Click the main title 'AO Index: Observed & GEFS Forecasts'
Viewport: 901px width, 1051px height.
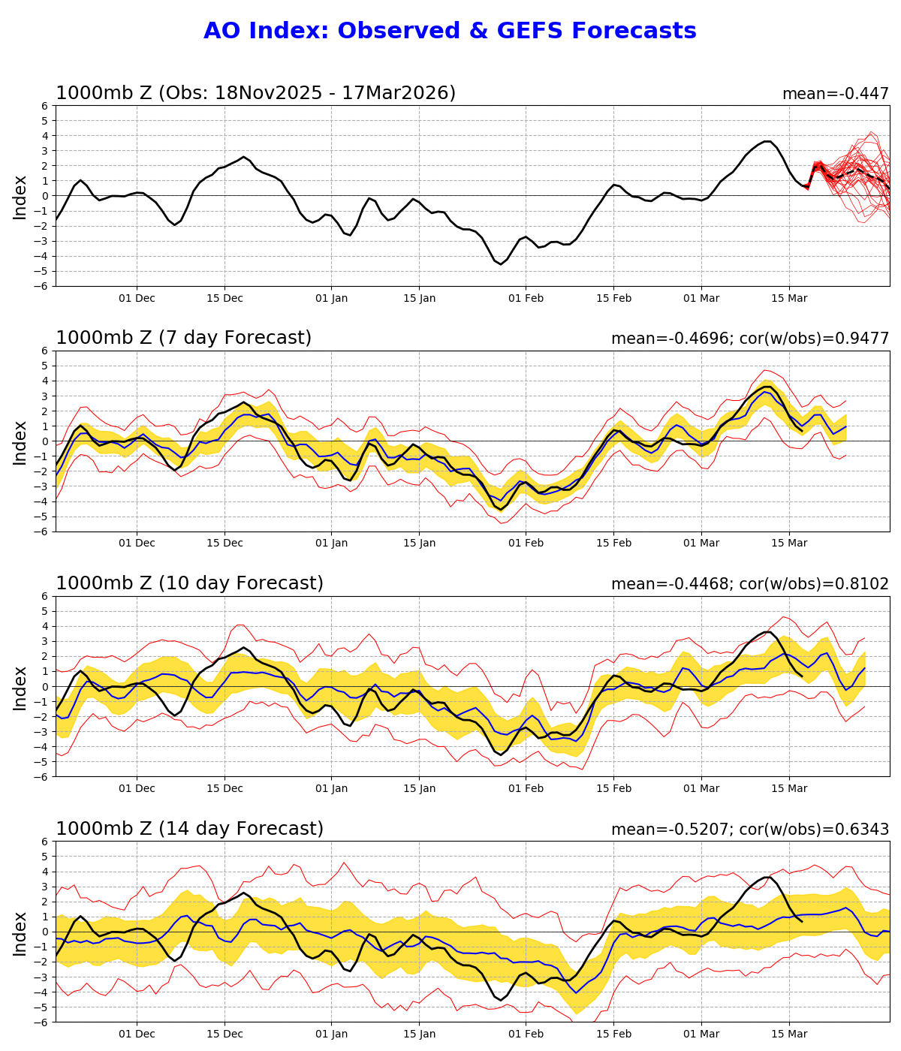(x=450, y=32)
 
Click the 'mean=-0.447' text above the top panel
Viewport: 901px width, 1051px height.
(x=835, y=94)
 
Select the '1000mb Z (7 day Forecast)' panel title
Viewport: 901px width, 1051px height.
(x=183, y=338)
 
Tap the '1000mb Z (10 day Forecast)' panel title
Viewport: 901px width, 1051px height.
(x=189, y=583)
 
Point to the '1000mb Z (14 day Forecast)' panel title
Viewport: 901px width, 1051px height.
(x=189, y=829)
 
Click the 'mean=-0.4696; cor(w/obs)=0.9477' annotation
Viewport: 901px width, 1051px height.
(x=749, y=339)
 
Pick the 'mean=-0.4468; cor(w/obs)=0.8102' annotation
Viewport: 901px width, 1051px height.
(x=749, y=584)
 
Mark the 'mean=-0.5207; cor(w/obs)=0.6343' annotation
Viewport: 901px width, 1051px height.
(x=749, y=830)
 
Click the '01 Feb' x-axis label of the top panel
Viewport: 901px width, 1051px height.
(x=525, y=298)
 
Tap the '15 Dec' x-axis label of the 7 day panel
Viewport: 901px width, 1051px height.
(x=224, y=544)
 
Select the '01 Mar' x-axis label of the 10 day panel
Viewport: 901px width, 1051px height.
(x=701, y=789)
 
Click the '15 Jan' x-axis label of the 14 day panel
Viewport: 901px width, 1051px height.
(x=419, y=1034)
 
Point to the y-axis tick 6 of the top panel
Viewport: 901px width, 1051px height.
(x=45, y=106)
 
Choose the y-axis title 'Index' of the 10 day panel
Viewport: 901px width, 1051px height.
(x=20, y=687)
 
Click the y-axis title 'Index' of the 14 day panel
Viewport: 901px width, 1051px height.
(x=20, y=932)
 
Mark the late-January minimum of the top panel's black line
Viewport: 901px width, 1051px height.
(x=501, y=264)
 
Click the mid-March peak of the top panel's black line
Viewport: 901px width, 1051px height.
(x=767, y=141)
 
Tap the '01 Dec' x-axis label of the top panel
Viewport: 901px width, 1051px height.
(x=137, y=298)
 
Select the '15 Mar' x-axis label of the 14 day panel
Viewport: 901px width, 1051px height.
(x=789, y=1034)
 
